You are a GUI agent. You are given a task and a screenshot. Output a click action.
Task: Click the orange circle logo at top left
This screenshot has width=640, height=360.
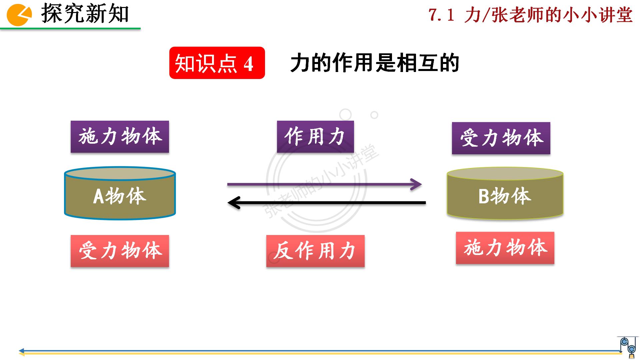click(x=19, y=15)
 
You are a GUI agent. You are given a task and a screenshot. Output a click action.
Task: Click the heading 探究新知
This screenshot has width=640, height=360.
click(x=85, y=14)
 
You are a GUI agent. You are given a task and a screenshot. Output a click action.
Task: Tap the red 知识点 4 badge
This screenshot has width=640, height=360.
click(x=217, y=63)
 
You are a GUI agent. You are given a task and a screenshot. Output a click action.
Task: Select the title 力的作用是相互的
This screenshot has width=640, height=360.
click(x=374, y=63)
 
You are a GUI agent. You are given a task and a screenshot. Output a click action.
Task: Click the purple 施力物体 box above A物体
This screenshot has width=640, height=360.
click(x=120, y=137)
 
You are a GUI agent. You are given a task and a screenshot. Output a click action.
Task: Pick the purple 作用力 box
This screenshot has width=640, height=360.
click(x=315, y=137)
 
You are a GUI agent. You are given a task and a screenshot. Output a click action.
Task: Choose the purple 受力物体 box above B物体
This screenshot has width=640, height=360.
click(x=501, y=138)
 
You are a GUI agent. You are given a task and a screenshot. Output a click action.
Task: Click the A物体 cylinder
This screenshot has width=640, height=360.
click(x=120, y=193)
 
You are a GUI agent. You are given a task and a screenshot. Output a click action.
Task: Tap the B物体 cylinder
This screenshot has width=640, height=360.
click(x=505, y=193)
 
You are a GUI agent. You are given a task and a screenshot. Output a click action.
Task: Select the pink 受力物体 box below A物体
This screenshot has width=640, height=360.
click(x=120, y=251)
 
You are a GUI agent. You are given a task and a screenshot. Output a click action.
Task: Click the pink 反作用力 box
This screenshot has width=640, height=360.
click(x=315, y=251)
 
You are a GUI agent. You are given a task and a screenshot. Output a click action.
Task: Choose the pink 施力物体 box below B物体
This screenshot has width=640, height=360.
click(x=505, y=248)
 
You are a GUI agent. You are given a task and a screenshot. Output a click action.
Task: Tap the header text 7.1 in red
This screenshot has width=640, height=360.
click(x=441, y=15)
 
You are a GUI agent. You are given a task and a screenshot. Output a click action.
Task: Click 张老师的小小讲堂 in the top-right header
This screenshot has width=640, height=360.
click(x=562, y=15)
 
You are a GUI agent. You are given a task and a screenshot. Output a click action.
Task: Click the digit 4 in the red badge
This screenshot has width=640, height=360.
click(x=248, y=64)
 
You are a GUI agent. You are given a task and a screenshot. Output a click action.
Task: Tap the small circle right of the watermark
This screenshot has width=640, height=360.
click(x=374, y=115)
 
